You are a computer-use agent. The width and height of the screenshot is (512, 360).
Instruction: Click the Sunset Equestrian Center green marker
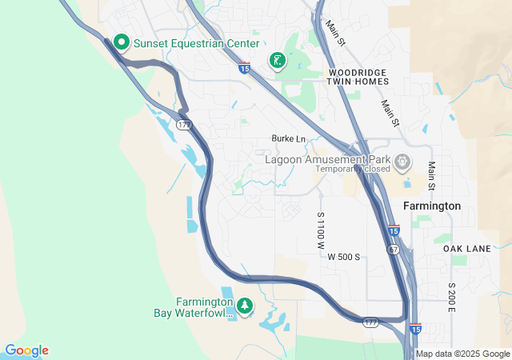[122, 42]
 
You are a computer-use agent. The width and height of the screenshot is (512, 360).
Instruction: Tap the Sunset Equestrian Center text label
[196, 43]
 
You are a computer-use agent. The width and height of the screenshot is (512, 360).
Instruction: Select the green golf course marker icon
[277, 60]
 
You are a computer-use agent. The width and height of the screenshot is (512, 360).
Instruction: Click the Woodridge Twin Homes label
[358, 78]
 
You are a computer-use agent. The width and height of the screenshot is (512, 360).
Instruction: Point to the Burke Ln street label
[289, 138]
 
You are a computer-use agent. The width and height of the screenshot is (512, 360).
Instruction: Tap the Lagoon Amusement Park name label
[329, 158]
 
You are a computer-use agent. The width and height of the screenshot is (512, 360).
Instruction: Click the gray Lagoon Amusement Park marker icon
[402, 162]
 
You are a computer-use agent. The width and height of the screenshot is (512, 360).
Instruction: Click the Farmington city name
[432, 206]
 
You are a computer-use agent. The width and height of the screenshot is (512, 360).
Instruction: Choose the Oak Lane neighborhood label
[466, 249]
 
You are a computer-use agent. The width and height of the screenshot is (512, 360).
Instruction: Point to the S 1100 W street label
[320, 228]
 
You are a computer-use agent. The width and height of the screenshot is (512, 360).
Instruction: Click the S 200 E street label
[452, 297]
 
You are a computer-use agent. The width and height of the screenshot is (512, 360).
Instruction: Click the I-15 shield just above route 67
[394, 230]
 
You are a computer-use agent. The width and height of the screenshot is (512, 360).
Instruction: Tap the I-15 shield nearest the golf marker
[244, 69]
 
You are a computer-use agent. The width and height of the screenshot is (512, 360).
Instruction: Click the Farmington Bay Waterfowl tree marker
[244, 306]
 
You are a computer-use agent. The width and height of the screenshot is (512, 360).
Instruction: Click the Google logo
[26, 350]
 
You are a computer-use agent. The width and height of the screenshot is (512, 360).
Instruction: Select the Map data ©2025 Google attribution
[462, 354]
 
